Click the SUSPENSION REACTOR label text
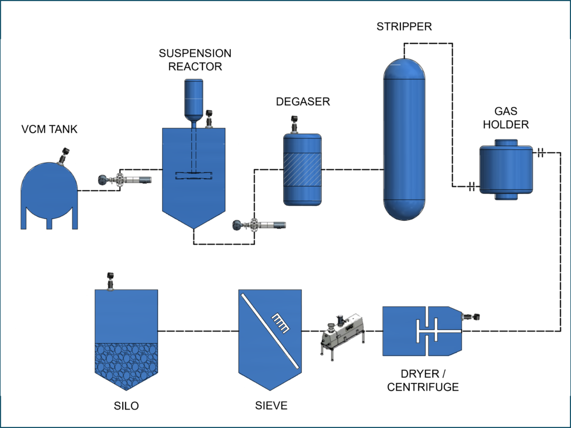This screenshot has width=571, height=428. tap(195, 60)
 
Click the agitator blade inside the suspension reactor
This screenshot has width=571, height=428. tap(193, 176)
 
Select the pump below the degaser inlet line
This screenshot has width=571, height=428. tap(259, 225)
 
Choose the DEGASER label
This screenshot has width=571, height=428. tap(303, 101)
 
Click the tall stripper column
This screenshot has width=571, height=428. tap(406, 139)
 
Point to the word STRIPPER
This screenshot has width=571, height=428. tap(404, 27)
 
